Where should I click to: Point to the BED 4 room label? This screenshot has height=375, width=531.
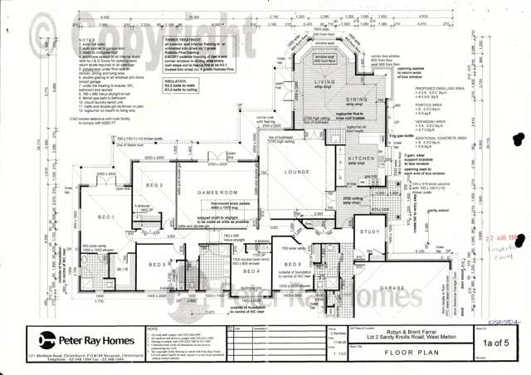[x=253, y=271]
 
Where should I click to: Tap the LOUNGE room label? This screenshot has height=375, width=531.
[x=296, y=173]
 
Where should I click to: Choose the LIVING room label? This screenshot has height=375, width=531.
[x=324, y=83]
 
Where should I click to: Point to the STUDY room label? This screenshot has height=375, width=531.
[x=370, y=232]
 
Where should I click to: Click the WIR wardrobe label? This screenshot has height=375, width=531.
[x=123, y=269]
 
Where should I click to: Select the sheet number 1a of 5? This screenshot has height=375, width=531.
[x=496, y=342]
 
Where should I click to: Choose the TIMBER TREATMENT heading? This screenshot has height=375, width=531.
[x=183, y=39]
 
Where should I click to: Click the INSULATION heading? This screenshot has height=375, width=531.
[x=175, y=82]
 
